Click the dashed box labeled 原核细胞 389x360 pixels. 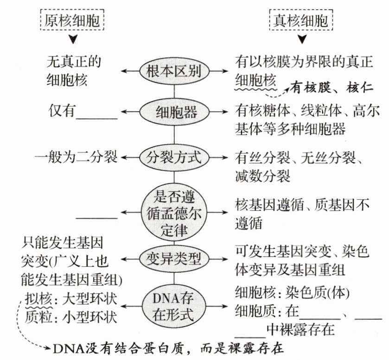tap(74, 20)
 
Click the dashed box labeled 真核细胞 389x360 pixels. tap(302, 20)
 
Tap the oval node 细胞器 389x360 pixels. tap(174, 111)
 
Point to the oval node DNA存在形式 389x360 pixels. tap(174, 306)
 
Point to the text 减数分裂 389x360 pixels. tap(262, 176)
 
